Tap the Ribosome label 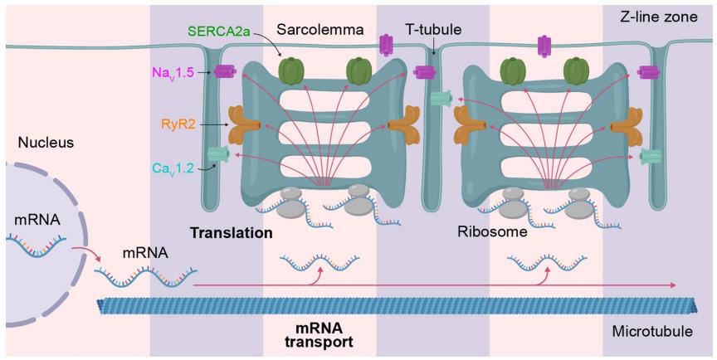(x=493, y=233)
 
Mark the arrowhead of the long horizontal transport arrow (x=673, y=285)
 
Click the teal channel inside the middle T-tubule (x=440, y=99)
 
